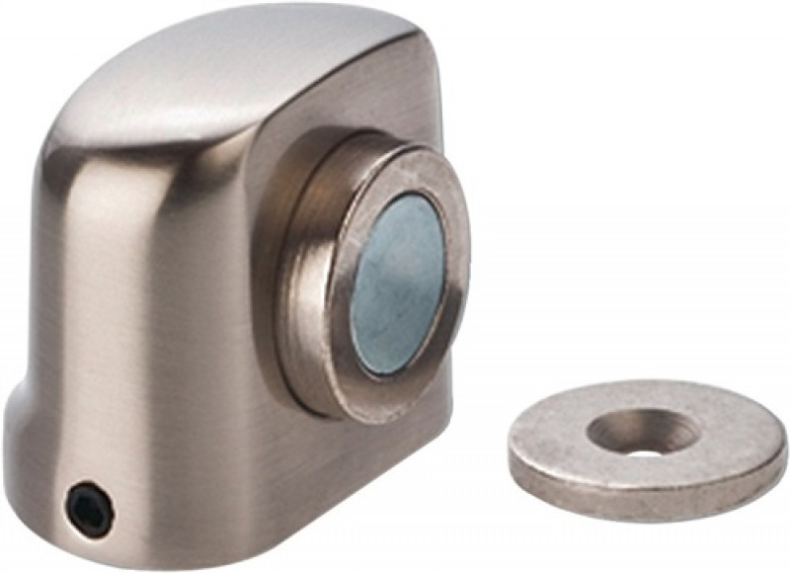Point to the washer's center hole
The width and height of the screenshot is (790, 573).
pos(643,436)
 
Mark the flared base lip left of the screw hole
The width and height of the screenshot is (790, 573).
pos(30,464)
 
